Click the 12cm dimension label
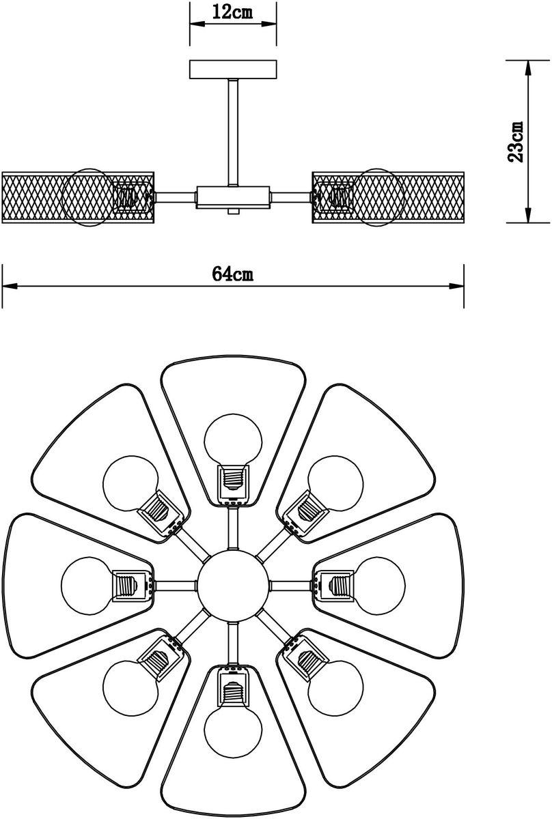(x=232, y=12)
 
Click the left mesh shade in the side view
(x=78, y=197)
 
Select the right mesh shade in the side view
(x=388, y=197)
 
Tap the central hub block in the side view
(x=233, y=197)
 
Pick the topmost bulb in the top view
(x=233, y=442)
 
